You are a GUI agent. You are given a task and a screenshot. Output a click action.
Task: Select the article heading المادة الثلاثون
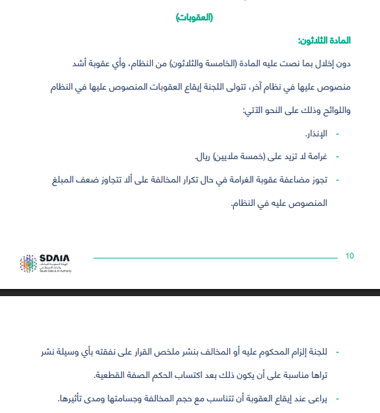pyautogui.click(x=324, y=41)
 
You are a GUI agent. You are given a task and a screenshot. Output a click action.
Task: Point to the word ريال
pyautogui.click(x=203, y=157)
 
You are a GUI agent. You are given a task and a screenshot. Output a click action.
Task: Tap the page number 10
pyautogui.click(x=349, y=256)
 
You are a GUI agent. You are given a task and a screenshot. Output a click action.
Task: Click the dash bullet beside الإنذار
pyautogui.click(x=337, y=134)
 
